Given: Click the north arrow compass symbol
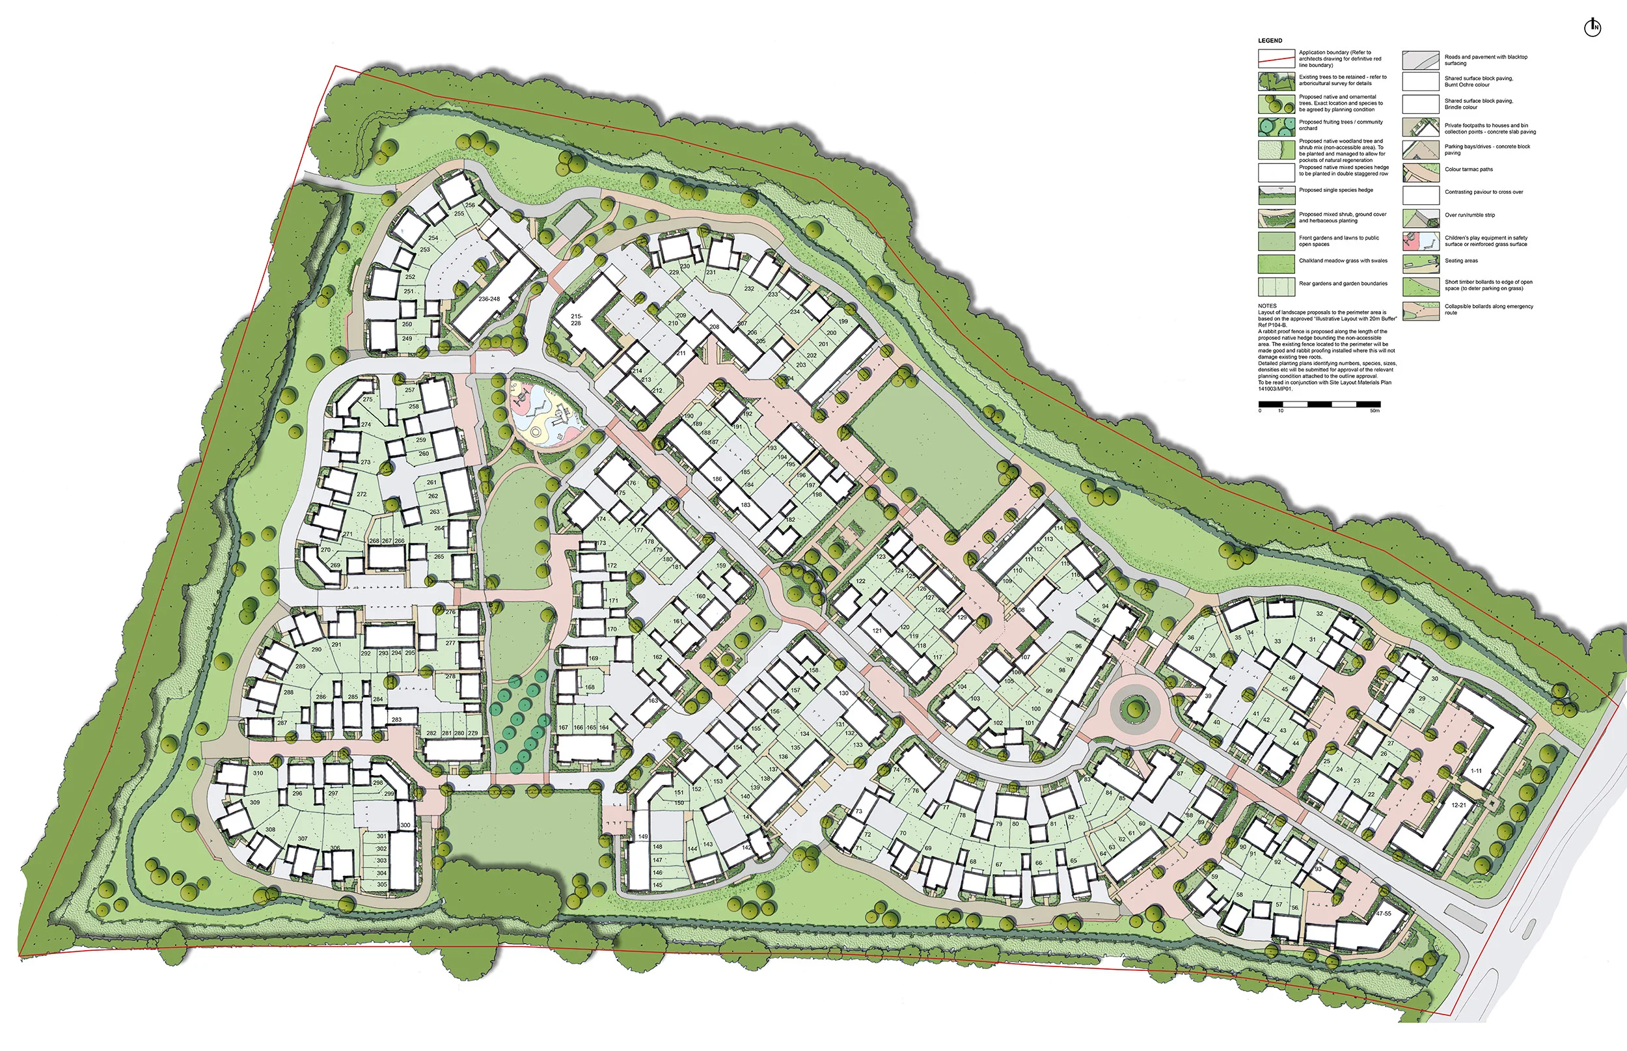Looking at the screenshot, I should [x=1593, y=27].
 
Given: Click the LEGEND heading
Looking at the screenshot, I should [x=1270, y=41].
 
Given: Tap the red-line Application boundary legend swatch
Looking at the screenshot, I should [x=1276, y=59].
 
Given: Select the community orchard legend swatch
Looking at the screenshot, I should [x=1276, y=127].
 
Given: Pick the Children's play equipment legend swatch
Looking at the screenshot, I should [x=1420, y=241].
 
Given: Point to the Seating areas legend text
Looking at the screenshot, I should [x=1461, y=261].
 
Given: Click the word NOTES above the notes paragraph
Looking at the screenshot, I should [x=1266, y=306].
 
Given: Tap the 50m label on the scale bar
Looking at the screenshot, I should [x=1374, y=411].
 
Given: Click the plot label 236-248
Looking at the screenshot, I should [x=489, y=299].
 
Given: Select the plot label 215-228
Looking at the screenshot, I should [x=576, y=320].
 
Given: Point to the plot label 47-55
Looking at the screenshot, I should [x=1384, y=913].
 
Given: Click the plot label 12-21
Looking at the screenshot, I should [x=1458, y=804].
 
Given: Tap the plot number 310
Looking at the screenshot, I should [x=258, y=773].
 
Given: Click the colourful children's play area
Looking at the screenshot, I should [x=546, y=415].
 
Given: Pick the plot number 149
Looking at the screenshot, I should [x=643, y=836].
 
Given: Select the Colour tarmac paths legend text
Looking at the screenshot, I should [x=1468, y=169].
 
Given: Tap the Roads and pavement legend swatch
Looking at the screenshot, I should [x=1420, y=60].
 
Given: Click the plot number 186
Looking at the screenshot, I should [x=717, y=479].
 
